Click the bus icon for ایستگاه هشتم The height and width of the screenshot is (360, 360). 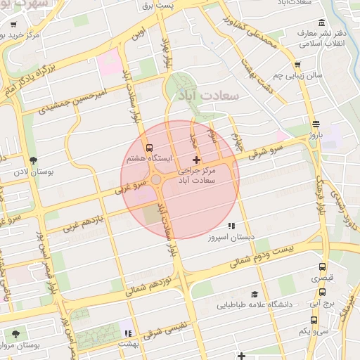(148, 148)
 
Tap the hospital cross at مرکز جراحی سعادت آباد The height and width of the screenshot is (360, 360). (196, 161)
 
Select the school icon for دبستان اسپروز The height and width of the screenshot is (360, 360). (231, 226)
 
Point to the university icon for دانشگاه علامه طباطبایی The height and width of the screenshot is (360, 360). (254, 295)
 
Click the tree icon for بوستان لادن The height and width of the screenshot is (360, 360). (32, 160)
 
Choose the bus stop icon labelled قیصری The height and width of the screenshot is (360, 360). (323, 268)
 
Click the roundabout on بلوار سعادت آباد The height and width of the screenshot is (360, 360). (155, 180)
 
